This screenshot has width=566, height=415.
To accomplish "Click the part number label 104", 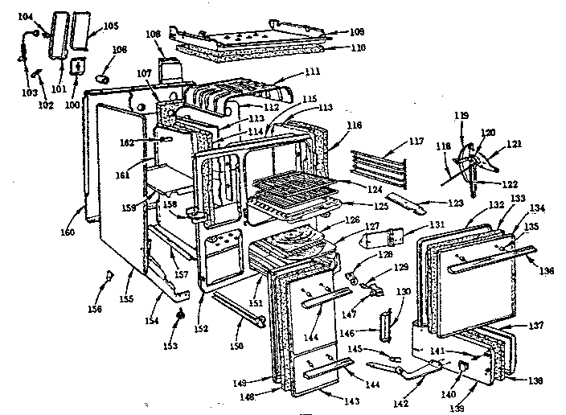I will (25, 16).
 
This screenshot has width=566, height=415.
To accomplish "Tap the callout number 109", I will (357, 31).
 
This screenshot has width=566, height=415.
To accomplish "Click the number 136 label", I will (548, 270).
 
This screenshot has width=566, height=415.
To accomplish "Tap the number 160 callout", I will (67, 232).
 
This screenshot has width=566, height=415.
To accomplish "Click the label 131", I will (437, 224).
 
